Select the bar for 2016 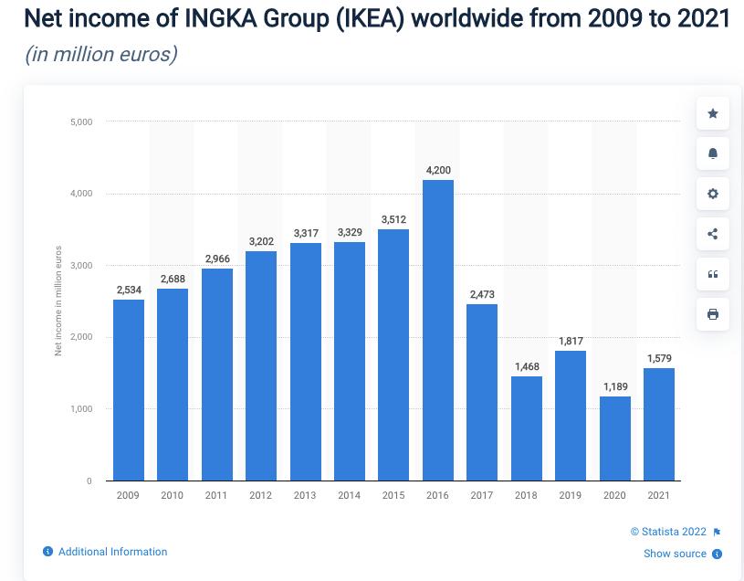[x=438, y=330]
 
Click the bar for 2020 [x=614, y=438]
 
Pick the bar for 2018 [x=527, y=428]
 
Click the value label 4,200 [x=438, y=171]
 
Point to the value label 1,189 [x=614, y=387]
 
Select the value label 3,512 [x=393, y=220]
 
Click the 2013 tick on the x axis [x=305, y=495]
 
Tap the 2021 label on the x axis [x=658, y=495]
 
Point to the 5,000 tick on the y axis [x=81, y=121]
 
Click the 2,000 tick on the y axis [x=81, y=337]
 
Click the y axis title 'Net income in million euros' [x=58, y=301]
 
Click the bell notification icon [x=713, y=153]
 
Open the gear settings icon [x=713, y=194]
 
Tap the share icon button [x=713, y=234]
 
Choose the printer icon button [x=713, y=314]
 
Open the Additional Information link [x=112, y=552]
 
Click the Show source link [x=675, y=554]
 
